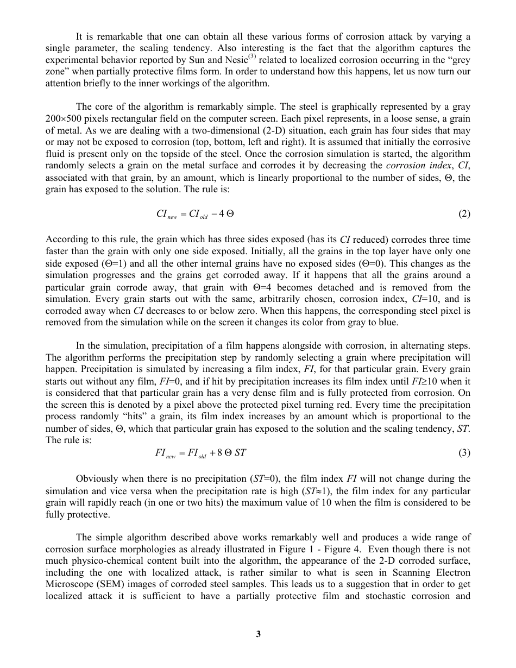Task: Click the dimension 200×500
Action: (x=65, y=118)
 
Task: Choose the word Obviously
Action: (x=96, y=478)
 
